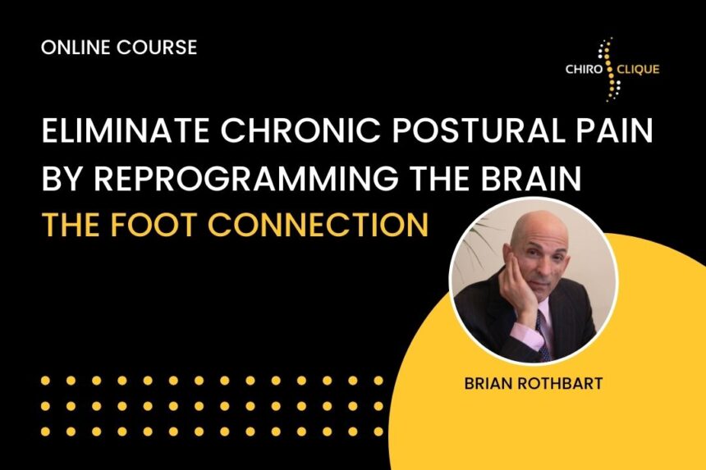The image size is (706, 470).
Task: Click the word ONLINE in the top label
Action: pos(76,48)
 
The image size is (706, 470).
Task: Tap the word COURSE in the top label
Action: pos(157,48)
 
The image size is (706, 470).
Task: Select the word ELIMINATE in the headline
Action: pos(125,130)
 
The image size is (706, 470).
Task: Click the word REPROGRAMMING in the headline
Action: pos(245,178)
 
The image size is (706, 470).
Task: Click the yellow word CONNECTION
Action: pos(319,225)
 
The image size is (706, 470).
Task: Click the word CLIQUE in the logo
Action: pos(639,70)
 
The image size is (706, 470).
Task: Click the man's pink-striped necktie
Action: pos(543,335)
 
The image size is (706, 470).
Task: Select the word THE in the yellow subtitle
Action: pos(71,225)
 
